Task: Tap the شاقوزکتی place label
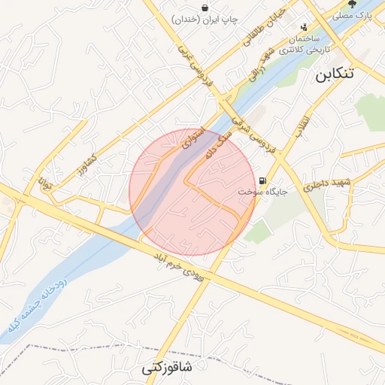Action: coord(166,368)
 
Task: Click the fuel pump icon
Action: coord(262,180)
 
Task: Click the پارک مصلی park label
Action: coord(353,15)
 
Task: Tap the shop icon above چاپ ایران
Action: coord(205,7)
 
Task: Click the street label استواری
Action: coord(189,141)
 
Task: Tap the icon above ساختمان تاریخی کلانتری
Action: coord(304,27)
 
